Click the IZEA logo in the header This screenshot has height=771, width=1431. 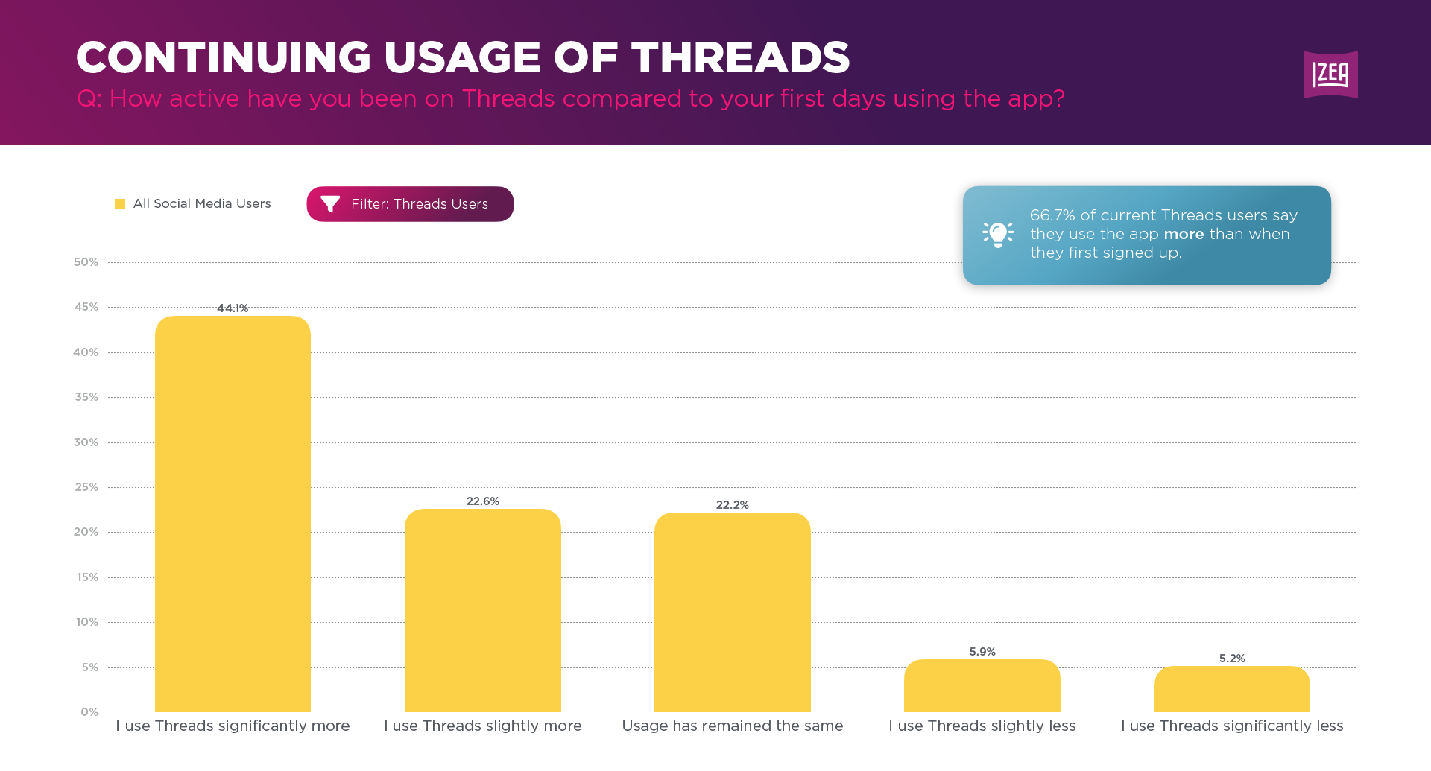[1330, 74]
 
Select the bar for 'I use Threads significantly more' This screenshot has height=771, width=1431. [233, 514]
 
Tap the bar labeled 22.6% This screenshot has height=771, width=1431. [482, 611]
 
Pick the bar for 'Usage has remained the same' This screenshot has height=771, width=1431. [732, 612]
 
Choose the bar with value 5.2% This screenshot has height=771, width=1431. [1232, 690]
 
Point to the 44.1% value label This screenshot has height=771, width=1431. [233, 308]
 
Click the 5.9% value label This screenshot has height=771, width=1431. [982, 652]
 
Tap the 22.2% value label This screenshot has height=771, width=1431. [732, 505]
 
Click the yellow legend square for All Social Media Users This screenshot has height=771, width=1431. [120, 204]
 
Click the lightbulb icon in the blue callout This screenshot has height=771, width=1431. [997, 235]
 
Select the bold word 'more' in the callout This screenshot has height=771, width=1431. [1184, 234]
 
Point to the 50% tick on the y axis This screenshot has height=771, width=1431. [86, 262]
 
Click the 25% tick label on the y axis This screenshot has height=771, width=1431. [86, 487]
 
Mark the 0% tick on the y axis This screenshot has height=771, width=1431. [89, 712]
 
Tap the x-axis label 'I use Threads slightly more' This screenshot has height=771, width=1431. [482, 726]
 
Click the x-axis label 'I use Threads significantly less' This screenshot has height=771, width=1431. [1232, 726]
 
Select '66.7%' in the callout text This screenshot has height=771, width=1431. [1052, 215]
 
